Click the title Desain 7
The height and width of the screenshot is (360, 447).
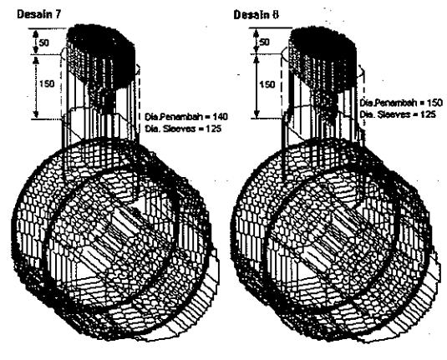click(x=39, y=14)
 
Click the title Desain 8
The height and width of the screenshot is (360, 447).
click(x=256, y=14)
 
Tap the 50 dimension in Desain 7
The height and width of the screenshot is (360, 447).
click(x=44, y=43)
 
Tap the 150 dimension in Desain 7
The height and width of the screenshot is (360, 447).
click(x=47, y=84)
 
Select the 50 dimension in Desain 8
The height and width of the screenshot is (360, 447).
click(x=265, y=42)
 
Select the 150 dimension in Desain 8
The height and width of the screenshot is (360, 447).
click(x=267, y=84)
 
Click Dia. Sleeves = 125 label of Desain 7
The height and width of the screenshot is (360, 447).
click(x=183, y=129)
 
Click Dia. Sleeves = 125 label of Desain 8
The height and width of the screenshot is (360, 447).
click(x=398, y=114)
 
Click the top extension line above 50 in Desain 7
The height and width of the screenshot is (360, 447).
click(x=48, y=28)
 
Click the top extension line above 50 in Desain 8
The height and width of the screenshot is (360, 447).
click(x=271, y=28)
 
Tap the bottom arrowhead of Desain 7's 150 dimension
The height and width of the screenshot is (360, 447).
click(x=36, y=114)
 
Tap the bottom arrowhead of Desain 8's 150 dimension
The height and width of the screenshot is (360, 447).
click(x=257, y=114)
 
